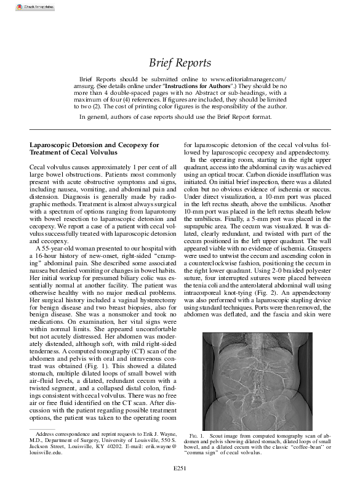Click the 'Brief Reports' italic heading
pos(180,63)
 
